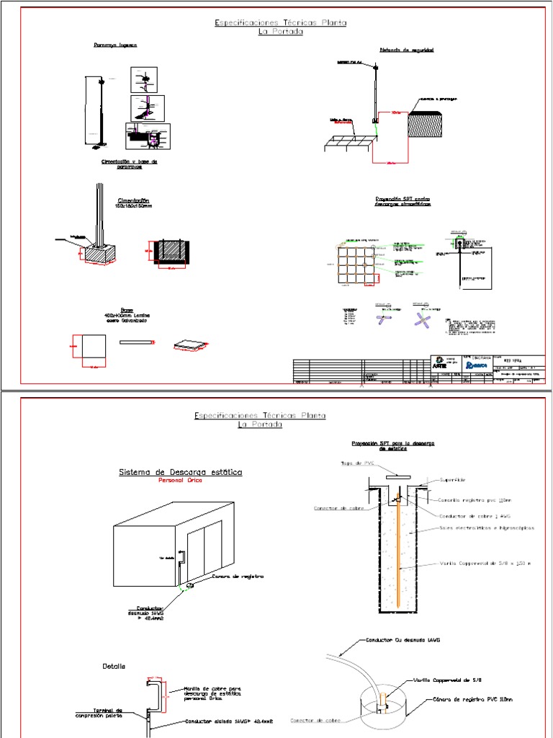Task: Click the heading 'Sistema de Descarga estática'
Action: coord(180,472)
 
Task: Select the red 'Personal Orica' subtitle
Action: coord(180,484)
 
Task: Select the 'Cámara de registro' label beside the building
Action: coord(238,577)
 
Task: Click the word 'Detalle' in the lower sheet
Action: coord(114,667)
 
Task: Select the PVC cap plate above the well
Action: coord(398,476)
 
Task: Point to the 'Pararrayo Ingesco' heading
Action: coord(115,45)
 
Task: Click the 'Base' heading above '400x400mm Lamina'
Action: coord(127,311)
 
